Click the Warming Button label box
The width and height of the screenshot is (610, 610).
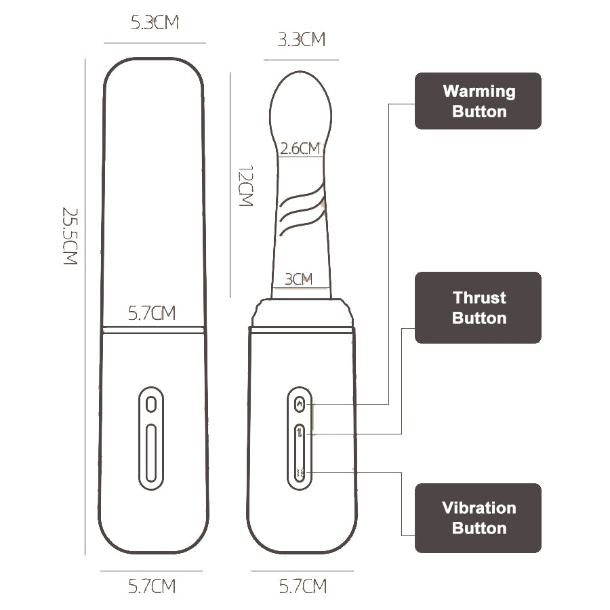[478, 101]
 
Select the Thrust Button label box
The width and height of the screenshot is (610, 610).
[478, 308]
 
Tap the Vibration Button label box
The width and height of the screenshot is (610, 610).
[478, 518]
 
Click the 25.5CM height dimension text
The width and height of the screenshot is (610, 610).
[70, 236]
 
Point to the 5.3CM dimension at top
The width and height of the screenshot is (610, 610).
[155, 23]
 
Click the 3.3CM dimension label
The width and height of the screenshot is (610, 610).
[302, 39]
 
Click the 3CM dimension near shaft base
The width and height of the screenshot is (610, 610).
[298, 279]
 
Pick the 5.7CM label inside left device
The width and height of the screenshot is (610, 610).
[152, 314]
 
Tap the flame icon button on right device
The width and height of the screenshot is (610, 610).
[300, 405]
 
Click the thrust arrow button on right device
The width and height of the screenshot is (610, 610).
[300, 434]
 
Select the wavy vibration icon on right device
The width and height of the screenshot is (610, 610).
[300, 472]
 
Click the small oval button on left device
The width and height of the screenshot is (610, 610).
[151, 405]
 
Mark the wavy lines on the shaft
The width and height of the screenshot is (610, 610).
[301, 213]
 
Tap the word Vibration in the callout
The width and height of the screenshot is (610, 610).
[479, 508]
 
